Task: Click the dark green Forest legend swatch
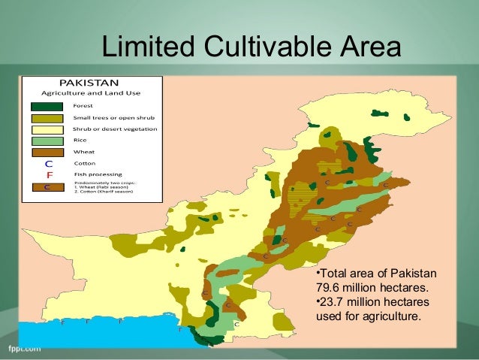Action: click(x=47, y=106)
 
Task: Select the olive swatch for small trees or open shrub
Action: click(x=47, y=118)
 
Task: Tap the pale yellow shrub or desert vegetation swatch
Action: click(x=47, y=129)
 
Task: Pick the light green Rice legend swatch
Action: click(x=47, y=141)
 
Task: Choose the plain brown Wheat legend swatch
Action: click(x=47, y=152)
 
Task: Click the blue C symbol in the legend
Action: click(x=48, y=163)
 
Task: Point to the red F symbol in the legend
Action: click(x=48, y=174)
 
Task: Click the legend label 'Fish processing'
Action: click(x=92, y=174)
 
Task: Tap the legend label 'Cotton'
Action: click(x=83, y=163)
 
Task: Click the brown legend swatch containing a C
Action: click(x=47, y=187)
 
